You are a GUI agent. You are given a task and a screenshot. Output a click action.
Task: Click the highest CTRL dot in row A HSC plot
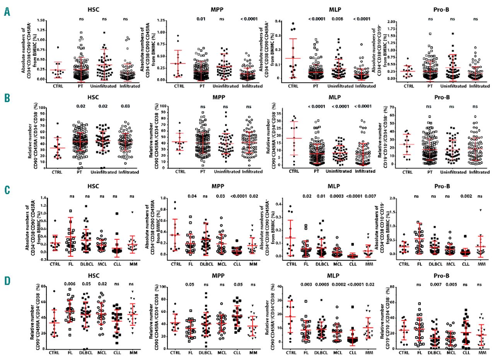(x=57, y=48)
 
